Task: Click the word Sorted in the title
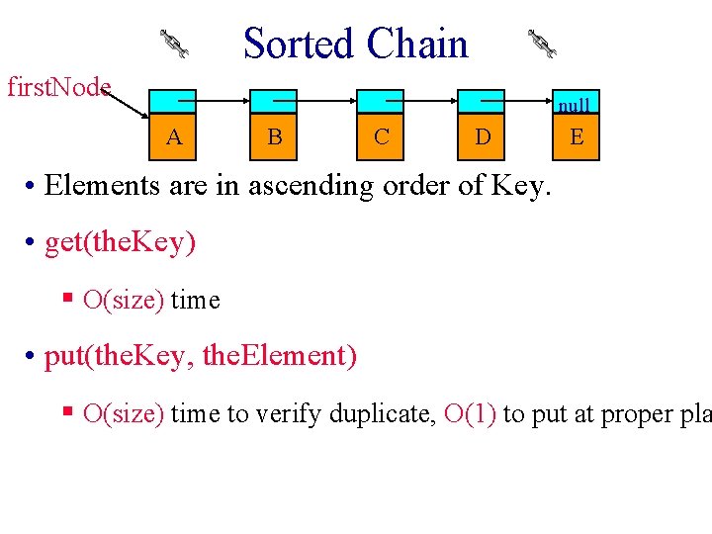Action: tap(299, 44)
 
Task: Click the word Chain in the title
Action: tap(416, 44)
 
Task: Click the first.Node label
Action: tap(58, 87)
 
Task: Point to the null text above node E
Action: tap(574, 105)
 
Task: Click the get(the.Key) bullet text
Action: tap(120, 242)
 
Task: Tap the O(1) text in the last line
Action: tap(470, 413)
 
